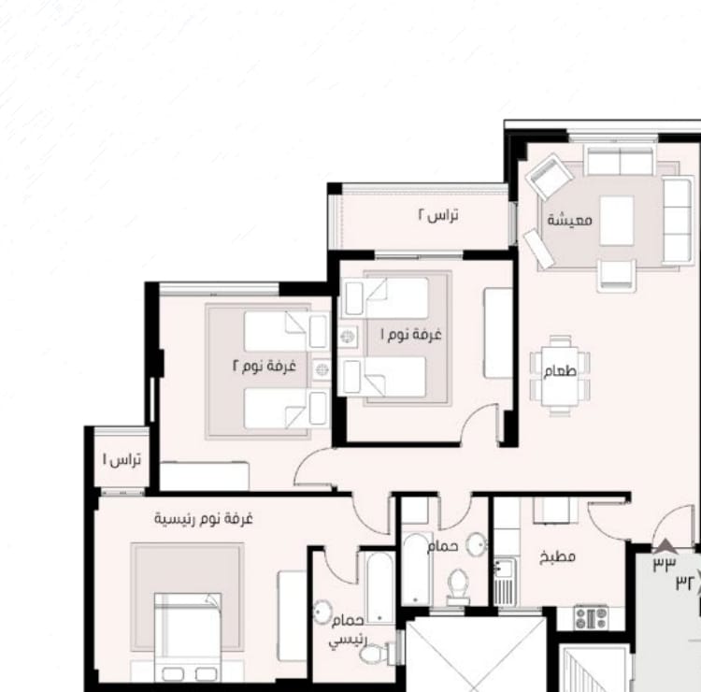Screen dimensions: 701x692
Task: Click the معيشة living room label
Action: (569, 220)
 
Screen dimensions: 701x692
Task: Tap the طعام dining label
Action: (560, 371)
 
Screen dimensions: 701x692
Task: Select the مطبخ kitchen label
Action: (557, 556)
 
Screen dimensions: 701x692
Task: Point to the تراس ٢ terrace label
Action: (438, 215)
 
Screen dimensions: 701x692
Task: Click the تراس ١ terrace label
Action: (122, 459)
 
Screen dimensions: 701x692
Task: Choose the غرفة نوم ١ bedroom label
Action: (411, 334)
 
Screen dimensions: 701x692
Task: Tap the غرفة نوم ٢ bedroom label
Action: (265, 366)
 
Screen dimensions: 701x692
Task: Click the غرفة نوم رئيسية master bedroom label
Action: (204, 519)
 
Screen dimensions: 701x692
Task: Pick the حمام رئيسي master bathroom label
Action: (348, 630)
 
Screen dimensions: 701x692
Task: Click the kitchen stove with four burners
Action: (591, 618)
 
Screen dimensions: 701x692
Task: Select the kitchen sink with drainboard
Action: (505, 582)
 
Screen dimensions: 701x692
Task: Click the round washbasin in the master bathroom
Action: (322, 612)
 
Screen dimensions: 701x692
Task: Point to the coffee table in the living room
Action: (617, 221)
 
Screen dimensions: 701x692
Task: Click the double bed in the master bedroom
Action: (188, 638)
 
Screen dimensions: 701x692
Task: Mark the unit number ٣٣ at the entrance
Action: (665, 563)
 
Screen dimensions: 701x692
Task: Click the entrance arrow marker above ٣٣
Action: (665, 546)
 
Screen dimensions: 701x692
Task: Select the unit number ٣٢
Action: (686, 583)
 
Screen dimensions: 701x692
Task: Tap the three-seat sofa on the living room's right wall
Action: (678, 221)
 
